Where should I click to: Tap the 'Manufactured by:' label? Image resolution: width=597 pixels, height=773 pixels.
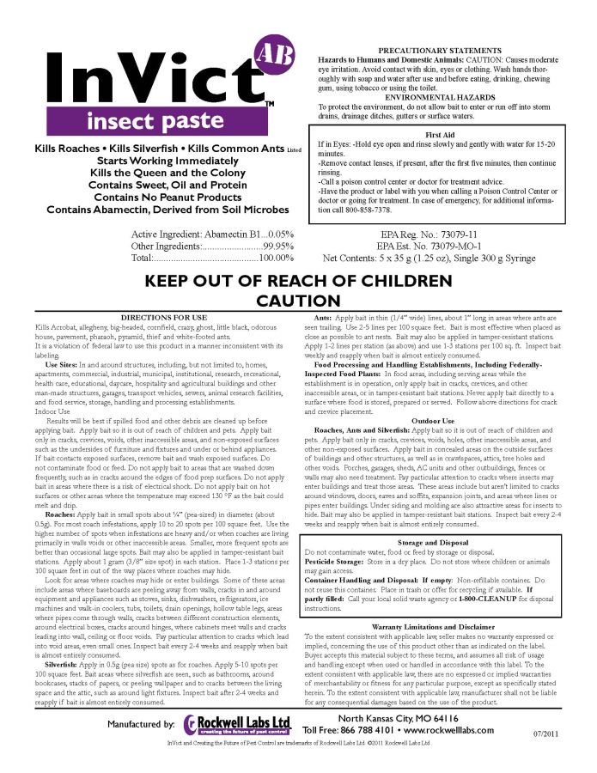(140, 725)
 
